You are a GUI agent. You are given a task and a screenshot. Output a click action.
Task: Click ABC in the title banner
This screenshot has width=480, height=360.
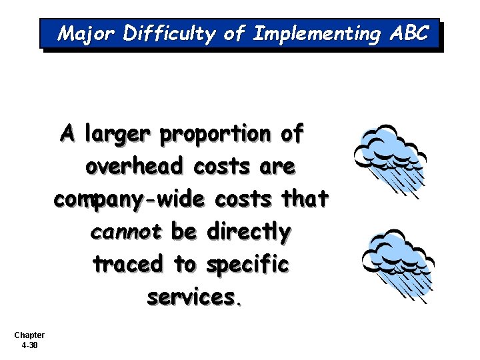pos(408,33)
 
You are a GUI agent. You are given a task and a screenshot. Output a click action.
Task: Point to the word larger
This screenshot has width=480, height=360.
pos(117,135)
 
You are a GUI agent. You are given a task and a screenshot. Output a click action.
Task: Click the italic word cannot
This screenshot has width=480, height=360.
pos(125,232)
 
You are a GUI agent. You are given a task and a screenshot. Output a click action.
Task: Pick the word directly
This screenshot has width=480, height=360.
pos(249,232)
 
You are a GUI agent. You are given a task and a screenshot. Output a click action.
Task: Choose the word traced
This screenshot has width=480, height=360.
pos(128,264)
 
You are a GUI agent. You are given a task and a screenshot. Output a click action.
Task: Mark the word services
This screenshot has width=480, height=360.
pos(194,297)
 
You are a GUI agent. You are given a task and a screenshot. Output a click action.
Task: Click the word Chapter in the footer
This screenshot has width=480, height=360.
pos(29,335)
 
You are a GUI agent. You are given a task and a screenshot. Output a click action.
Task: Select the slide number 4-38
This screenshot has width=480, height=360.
pos(29,345)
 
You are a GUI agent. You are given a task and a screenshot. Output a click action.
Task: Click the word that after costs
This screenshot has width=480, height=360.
pos(305,199)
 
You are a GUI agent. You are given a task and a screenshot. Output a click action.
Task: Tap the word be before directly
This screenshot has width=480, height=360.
pos(183,231)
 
